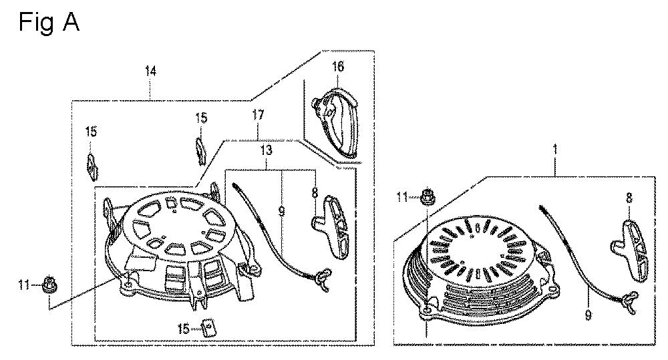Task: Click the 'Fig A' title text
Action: click(x=49, y=22)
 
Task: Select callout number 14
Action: click(x=150, y=71)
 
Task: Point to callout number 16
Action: click(x=337, y=67)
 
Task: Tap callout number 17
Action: click(x=258, y=115)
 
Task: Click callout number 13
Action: click(x=267, y=150)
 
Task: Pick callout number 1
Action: click(x=554, y=150)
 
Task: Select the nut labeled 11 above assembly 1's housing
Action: click(x=426, y=197)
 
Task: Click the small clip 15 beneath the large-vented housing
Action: click(x=208, y=329)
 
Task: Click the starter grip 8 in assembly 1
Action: click(x=630, y=251)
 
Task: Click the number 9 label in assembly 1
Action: click(x=588, y=316)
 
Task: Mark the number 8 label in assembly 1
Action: click(x=629, y=198)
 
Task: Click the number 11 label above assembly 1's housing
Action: click(x=402, y=197)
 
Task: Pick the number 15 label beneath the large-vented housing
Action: click(x=184, y=329)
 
